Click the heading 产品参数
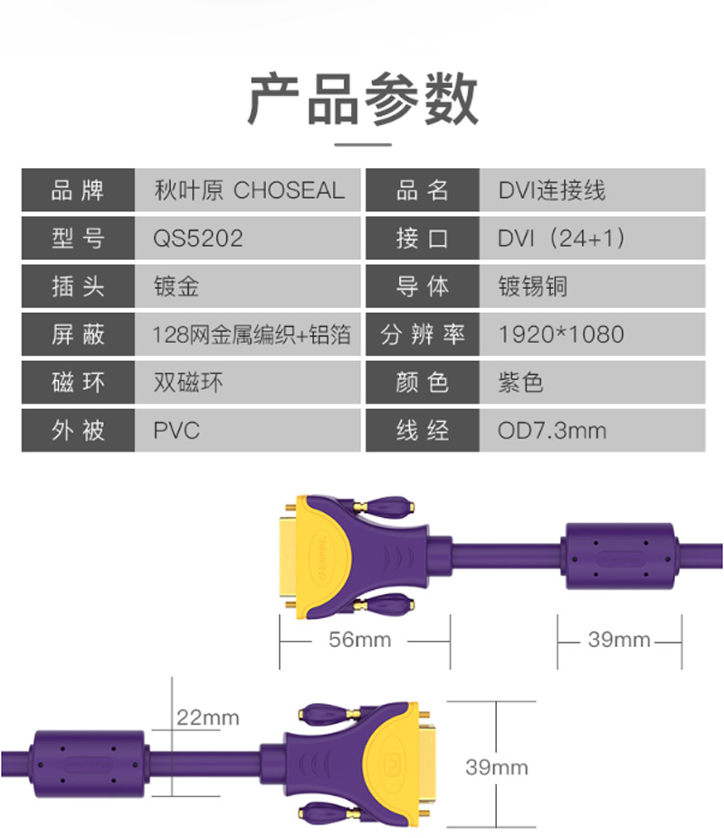[362, 99]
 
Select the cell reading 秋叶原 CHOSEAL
[249, 191]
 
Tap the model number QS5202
[198, 239]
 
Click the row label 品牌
[78, 191]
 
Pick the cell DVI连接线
[551, 191]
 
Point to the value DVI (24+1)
[561, 239]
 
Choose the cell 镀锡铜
[533, 287]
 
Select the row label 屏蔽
[78, 335]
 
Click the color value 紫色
[520, 383]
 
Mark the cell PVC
[176, 431]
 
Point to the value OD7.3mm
[552, 431]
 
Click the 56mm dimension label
[360, 641]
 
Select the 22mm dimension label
[208, 719]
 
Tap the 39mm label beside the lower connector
[496, 767]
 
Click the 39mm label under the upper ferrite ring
[619, 641]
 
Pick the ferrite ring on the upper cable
[618, 554]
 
